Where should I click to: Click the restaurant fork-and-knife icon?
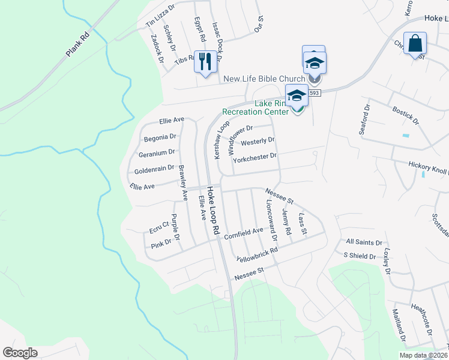pos(205,60)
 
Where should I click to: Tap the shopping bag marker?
pos(414,43)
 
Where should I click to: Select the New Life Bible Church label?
pos(264,79)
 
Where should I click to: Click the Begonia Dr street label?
pos(160,138)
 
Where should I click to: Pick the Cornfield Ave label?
pos(244,230)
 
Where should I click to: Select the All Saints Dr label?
pos(364,242)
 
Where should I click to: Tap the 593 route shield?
pos(316,93)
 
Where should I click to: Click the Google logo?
pos(20,353)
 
